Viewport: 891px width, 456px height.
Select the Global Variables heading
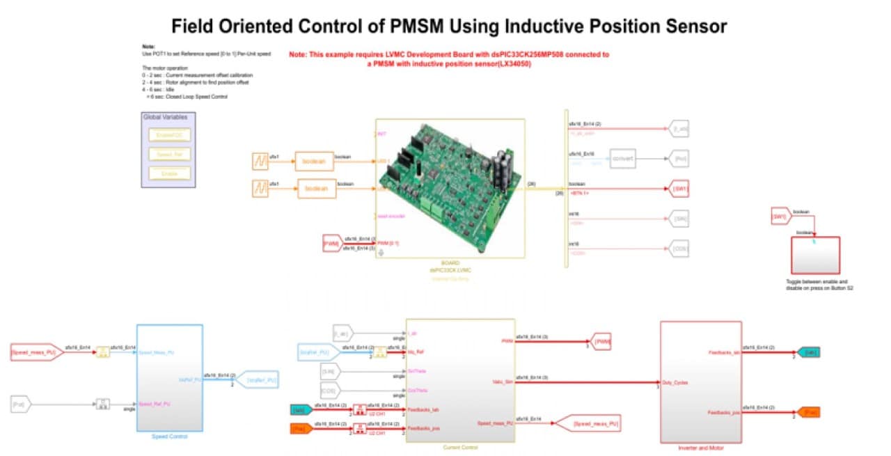tap(165, 117)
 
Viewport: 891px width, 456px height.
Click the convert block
tap(622, 158)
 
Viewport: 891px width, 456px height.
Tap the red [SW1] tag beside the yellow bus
tap(679, 189)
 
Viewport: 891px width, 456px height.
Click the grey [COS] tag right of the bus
tap(679, 247)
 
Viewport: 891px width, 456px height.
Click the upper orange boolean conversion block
tap(314, 161)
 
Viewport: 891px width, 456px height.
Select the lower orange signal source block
tap(260, 188)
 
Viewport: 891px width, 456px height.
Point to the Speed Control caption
tap(169, 437)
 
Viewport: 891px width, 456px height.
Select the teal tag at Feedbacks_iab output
tap(808, 352)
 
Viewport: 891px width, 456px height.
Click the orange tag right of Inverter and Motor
tap(809, 413)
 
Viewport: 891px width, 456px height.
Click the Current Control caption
tap(460, 447)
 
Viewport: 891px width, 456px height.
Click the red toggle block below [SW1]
tap(814, 255)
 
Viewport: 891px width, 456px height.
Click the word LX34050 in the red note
tap(507, 63)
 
